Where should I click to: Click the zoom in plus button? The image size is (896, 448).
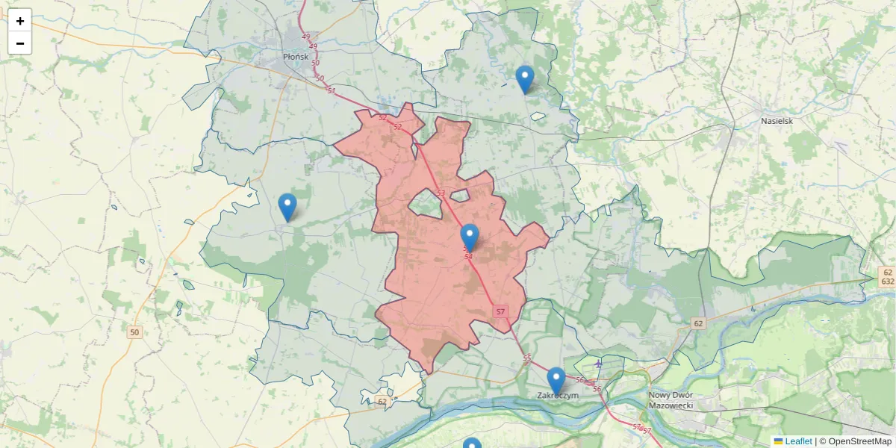(20, 21)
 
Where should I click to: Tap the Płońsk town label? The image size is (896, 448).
(296, 56)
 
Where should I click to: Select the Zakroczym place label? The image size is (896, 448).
(558, 396)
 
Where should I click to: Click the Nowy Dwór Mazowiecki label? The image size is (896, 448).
(671, 399)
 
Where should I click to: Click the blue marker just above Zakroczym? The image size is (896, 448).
(556, 381)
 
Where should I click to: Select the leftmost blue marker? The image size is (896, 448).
(287, 207)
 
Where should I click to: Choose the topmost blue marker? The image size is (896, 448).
(525, 79)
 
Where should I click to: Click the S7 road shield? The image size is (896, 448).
(500, 311)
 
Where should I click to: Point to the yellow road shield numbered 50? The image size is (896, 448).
(134, 332)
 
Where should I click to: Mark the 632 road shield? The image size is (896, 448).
(887, 281)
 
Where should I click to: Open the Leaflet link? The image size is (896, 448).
(797, 441)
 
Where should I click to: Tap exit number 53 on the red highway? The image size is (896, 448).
(441, 193)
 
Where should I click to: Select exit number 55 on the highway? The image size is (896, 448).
(527, 358)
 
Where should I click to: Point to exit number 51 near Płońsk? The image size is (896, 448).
(331, 90)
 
